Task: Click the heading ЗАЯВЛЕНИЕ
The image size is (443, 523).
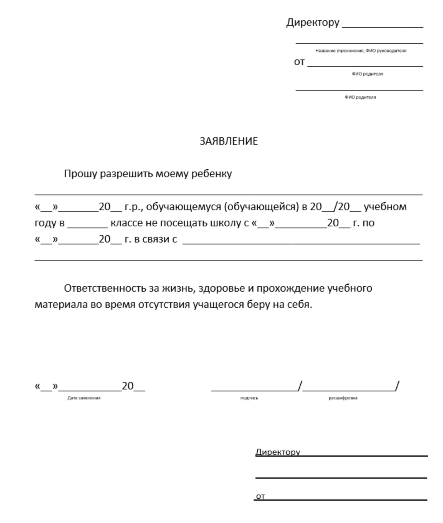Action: click(x=229, y=141)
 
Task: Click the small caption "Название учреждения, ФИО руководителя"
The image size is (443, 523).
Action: click(x=361, y=51)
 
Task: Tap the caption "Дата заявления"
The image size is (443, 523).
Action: click(x=84, y=398)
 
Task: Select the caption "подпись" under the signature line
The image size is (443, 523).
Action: click(x=249, y=398)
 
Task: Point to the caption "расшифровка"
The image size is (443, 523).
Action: click(x=343, y=398)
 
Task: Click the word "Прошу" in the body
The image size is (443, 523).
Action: click(x=81, y=174)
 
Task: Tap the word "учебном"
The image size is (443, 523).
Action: click(x=385, y=207)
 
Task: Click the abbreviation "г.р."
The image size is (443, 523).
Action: click(x=133, y=207)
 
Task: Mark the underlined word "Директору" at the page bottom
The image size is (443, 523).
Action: click(x=278, y=452)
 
